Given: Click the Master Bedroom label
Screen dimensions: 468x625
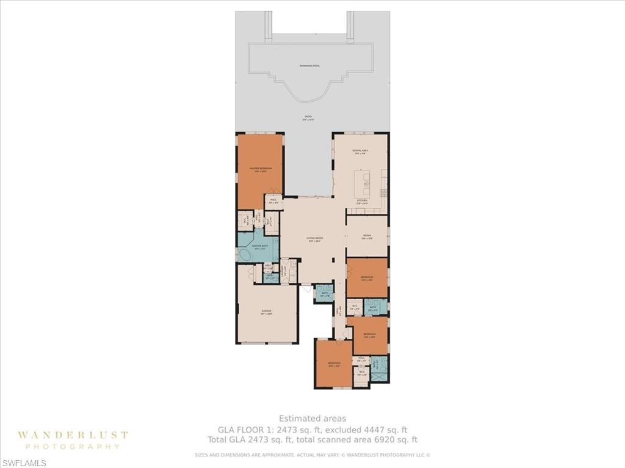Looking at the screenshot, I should (260, 169).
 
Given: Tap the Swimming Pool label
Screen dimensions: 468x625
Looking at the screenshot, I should (310, 65).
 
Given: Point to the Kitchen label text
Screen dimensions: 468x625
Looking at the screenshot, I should (361, 200).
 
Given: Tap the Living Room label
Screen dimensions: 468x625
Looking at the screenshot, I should (314, 239).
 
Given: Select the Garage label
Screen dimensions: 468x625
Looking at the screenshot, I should (267, 312).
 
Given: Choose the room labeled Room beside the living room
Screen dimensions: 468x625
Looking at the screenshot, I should (367, 236).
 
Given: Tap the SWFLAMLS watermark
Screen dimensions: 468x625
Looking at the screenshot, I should (24, 463).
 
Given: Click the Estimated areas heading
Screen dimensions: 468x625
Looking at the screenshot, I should (312, 418).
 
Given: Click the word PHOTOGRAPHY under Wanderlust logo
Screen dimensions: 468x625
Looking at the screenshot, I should (73, 447).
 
